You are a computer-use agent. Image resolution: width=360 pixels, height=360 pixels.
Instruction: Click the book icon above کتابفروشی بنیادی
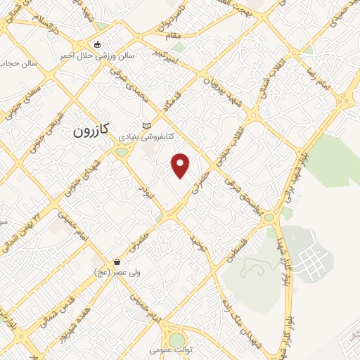tap(146, 126)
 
